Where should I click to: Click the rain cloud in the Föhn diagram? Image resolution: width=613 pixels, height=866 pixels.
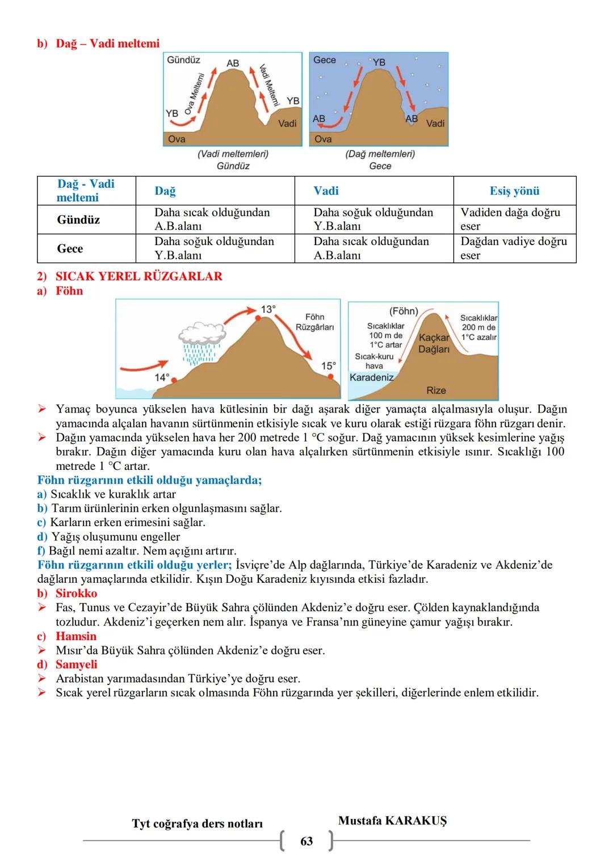point(201,335)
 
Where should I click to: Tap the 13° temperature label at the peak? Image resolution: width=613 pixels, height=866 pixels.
point(268,309)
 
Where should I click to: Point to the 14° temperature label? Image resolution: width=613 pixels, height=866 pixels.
point(162,377)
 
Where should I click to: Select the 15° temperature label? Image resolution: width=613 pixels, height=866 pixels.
point(329,366)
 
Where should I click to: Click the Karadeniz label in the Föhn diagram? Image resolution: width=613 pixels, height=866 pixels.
point(371,377)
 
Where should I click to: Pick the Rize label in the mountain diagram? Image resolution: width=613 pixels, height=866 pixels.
point(436,390)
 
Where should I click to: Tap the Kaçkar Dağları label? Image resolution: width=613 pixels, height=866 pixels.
point(434,343)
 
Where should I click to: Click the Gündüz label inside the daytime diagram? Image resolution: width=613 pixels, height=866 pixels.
point(183,60)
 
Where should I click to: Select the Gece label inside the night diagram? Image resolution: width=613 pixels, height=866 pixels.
point(325,60)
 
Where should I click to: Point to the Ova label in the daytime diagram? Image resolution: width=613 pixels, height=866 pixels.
point(177,139)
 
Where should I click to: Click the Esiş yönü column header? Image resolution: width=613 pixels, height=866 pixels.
point(514,191)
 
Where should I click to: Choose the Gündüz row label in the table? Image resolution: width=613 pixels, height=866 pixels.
point(78,220)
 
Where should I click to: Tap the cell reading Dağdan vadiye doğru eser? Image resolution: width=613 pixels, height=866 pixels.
point(514,248)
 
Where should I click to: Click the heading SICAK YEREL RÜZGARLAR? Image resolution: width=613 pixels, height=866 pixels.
point(138,276)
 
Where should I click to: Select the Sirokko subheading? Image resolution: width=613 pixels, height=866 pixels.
point(76,593)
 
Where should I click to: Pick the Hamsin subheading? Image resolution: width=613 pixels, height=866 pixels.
point(76,636)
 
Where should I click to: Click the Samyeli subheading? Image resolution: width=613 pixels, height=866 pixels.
point(76,665)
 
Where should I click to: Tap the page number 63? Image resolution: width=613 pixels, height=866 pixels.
point(306,841)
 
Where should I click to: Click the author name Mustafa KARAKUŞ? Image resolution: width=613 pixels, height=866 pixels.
point(392,821)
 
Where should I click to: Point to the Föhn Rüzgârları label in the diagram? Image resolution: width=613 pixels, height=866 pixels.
point(314,322)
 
